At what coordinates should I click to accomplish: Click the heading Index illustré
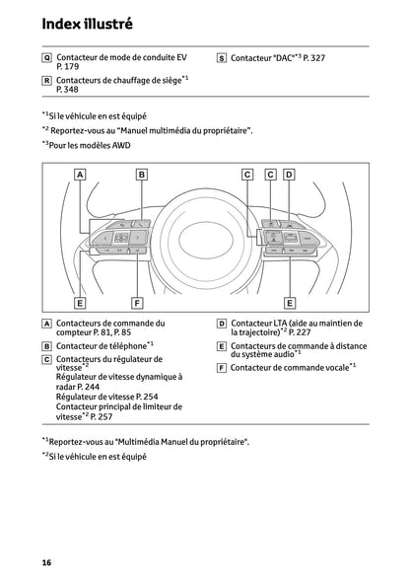[x=75, y=22]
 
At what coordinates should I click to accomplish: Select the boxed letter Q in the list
[x=46, y=58]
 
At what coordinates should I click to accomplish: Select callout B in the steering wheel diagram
[x=141, y=175]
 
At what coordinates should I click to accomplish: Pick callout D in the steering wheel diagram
[x=289, y=175]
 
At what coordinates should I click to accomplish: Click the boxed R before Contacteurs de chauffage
[x=46, y=79]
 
